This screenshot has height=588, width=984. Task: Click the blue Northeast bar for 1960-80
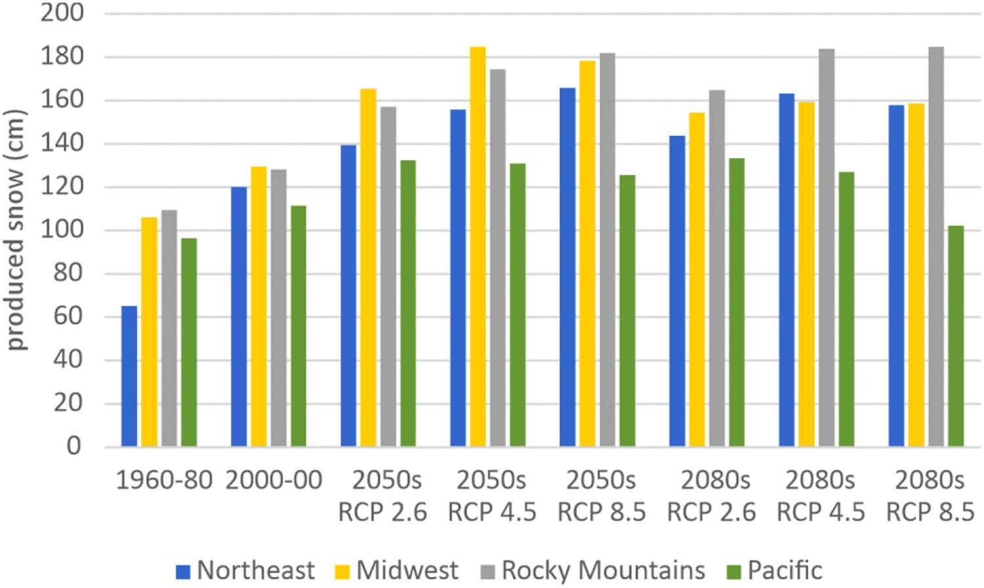tap(129, 376)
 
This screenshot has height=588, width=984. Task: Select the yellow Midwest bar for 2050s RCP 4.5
tap(478, 247)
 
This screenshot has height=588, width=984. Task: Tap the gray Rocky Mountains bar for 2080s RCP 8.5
tap(935, 247)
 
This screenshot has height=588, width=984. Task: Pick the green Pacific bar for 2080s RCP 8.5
tap(956, 336)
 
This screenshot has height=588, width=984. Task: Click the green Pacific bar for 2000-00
tap(298, 326)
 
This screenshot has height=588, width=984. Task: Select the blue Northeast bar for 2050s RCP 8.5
tap(567, 267)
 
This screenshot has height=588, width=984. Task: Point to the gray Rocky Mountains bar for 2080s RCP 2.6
tap(716, 268)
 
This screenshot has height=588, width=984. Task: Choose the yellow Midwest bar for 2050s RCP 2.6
tap(368, 268)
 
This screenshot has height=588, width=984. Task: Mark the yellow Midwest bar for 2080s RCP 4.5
tap(806, 274)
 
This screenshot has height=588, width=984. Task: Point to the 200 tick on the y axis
tap(62, 12)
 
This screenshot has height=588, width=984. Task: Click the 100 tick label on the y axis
tap(62, 230)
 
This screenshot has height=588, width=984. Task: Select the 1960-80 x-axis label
tap(164, 480)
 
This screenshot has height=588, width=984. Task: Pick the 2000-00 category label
tap(274, 480)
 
